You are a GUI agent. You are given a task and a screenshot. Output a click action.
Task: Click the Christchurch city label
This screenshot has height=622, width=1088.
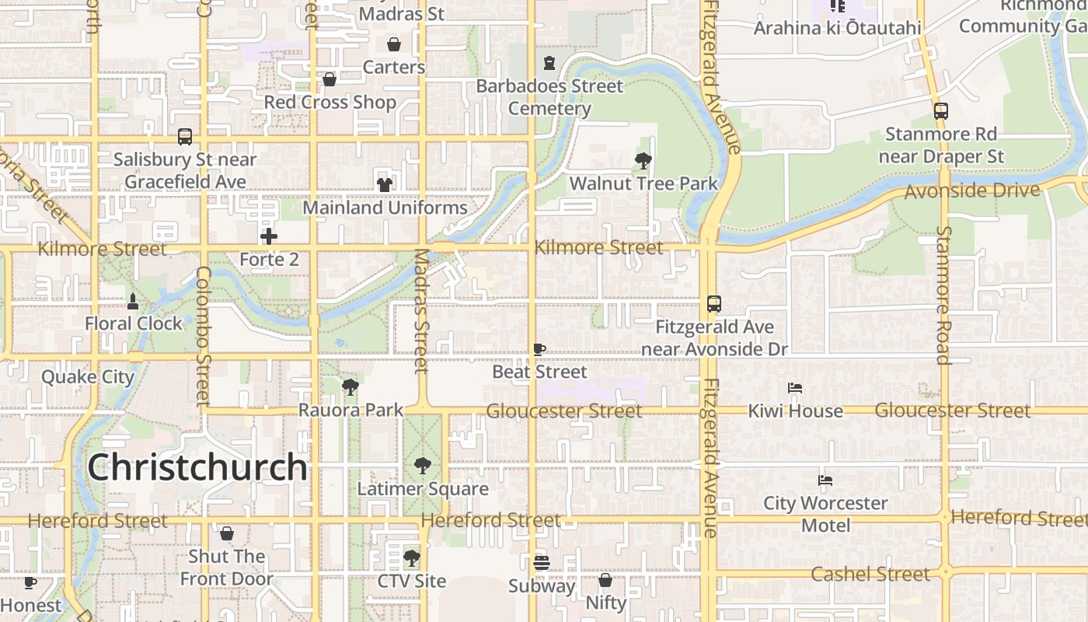pyautogui.click(x=197, y=466)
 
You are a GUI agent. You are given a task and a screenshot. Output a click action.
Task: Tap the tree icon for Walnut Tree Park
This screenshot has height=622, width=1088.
pyautogui.click(x=643, y=161)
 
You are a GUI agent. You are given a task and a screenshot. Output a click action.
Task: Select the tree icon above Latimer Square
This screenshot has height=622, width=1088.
pyautogui.click(x=422, y=466)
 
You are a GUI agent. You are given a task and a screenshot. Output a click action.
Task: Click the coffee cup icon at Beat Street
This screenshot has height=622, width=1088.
pyautogui.click(x=539, y=349)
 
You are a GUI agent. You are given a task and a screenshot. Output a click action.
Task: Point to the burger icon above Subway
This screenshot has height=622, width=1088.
pyautogui.click(x=541, y=562)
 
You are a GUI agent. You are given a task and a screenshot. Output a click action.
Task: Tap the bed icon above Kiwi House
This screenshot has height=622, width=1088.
pyautogui.click(x=795, y=387)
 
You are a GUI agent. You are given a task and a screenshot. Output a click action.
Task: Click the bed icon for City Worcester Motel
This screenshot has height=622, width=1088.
pyautogui.click(x=825, y=480)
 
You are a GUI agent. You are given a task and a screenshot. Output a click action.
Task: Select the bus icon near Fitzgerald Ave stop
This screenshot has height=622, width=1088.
pyautogui.click(x=714, y=304)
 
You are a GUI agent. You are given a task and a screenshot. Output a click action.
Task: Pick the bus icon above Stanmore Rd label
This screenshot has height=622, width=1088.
pyautogui.click(x=940, y=111)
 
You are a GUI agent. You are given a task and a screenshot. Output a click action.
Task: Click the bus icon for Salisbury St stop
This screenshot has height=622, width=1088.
pyautogui.click(x=185, y=137)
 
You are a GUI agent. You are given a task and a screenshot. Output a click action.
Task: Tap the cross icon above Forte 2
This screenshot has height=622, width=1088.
pyautogui.click(x=269, y=236)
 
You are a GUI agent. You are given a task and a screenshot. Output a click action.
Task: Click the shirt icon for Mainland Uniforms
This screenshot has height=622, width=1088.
pyautogui.click(x=385, y=184)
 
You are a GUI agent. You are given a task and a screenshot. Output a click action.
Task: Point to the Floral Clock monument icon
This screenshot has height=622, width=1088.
pyautogui.click(x=133, y=301)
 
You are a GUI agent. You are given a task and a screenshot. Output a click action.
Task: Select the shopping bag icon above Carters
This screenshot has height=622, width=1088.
pyautogui.click(x=394, y=44)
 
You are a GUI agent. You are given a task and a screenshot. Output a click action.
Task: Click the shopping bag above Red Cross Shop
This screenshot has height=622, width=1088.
pyautogui.click(x=330, y=79)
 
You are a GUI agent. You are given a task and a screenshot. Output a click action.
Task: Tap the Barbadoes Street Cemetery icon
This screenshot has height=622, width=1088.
pyautogui.click(x=549, y=63)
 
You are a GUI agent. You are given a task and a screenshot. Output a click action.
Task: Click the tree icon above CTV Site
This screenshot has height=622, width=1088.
pyautogui.click(x=412, y=558)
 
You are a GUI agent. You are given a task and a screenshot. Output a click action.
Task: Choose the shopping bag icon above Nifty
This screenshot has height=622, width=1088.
pyautogui.click(x=605, y=580)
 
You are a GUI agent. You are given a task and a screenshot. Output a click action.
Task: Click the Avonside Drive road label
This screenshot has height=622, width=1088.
pyautogui.click(x=972, y=190)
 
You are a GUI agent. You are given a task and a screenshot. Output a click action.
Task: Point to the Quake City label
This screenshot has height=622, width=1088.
pyautogui.click(x=88, y=377)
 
